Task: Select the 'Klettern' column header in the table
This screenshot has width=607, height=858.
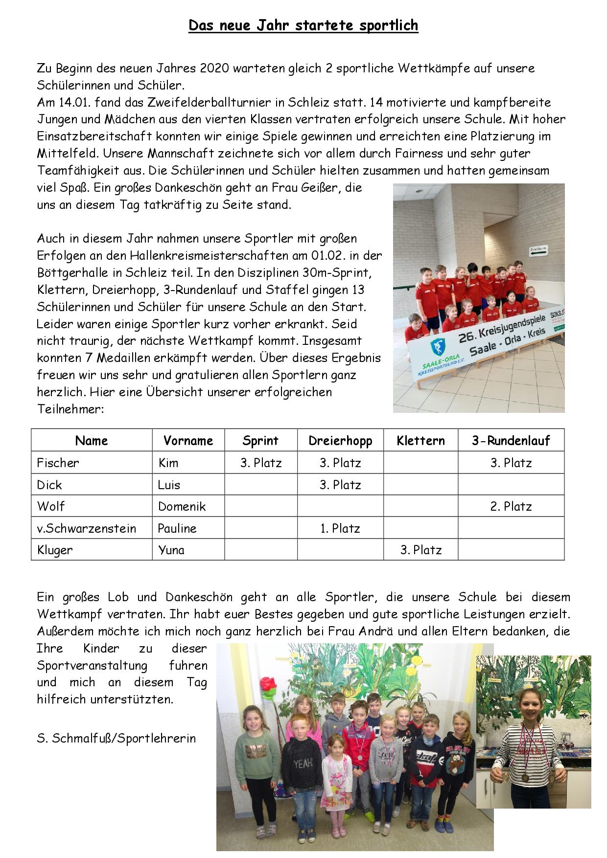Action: point(420,441)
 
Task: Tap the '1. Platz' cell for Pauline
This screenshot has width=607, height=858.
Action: point(340,528)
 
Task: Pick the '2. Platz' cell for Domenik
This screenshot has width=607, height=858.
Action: point(511,506)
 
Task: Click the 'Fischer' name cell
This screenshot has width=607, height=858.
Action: point(58,463)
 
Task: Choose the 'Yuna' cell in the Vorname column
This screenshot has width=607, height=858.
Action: point(171,550)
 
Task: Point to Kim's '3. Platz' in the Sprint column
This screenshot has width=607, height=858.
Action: point(261,463)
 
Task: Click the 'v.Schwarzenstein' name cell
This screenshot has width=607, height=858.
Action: point(87,528)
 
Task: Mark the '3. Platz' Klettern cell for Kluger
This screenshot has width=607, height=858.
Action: point(421,550)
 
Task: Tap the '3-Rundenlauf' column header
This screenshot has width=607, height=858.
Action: point(511,441)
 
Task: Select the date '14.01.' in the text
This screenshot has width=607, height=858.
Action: point(73,102)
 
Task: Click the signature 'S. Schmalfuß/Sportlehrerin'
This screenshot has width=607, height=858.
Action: point(117,738)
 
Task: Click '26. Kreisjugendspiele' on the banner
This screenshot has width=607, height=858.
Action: point(502,330)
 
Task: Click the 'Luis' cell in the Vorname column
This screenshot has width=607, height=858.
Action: point(169,485)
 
